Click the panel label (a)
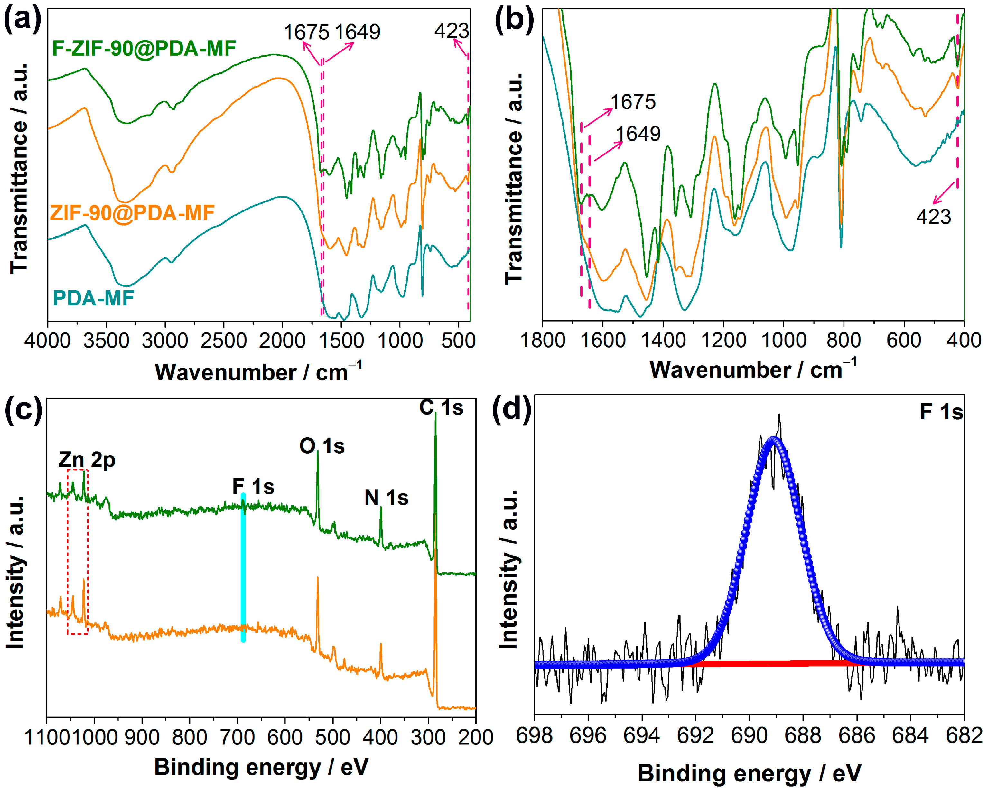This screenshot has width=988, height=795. pyautogui.click(x=22, y=20)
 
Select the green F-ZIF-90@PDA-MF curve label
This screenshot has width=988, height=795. pyautogui.click(x=144, y=48)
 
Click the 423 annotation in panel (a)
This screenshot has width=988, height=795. pyautogui.click(x=452, y=31)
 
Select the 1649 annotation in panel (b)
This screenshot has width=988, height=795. pyautogui.click(x=638, y=134)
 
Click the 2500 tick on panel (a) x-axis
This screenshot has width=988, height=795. pyautogui.click(x=224, y=341)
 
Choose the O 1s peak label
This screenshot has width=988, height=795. pyautogui.click(x=322, y=446)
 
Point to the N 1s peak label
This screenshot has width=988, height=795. pyautogui.click(x=386, y=498)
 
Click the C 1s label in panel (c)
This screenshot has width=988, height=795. pyautogui.click(x=441, y=407)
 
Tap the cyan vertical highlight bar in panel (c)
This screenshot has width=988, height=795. pyautogui.click(x=243, y=568)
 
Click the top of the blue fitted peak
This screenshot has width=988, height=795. pyautogui.click(x=774, y=439)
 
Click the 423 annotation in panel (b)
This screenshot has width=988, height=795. pyautogui.click(x=934, y=217)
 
